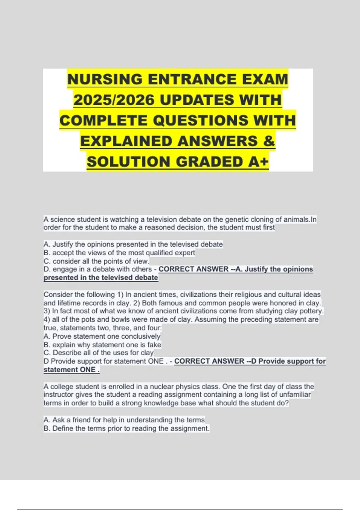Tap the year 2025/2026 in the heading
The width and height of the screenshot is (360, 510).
114,100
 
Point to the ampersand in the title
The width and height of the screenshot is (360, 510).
269,141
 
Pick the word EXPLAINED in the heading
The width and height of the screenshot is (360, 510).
126,141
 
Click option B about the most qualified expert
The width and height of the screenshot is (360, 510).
119,253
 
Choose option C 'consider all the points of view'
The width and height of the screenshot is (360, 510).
96,261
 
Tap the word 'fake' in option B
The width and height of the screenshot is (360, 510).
154,345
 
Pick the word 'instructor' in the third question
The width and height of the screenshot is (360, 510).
59,394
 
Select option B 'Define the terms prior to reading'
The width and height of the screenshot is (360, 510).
126,428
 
